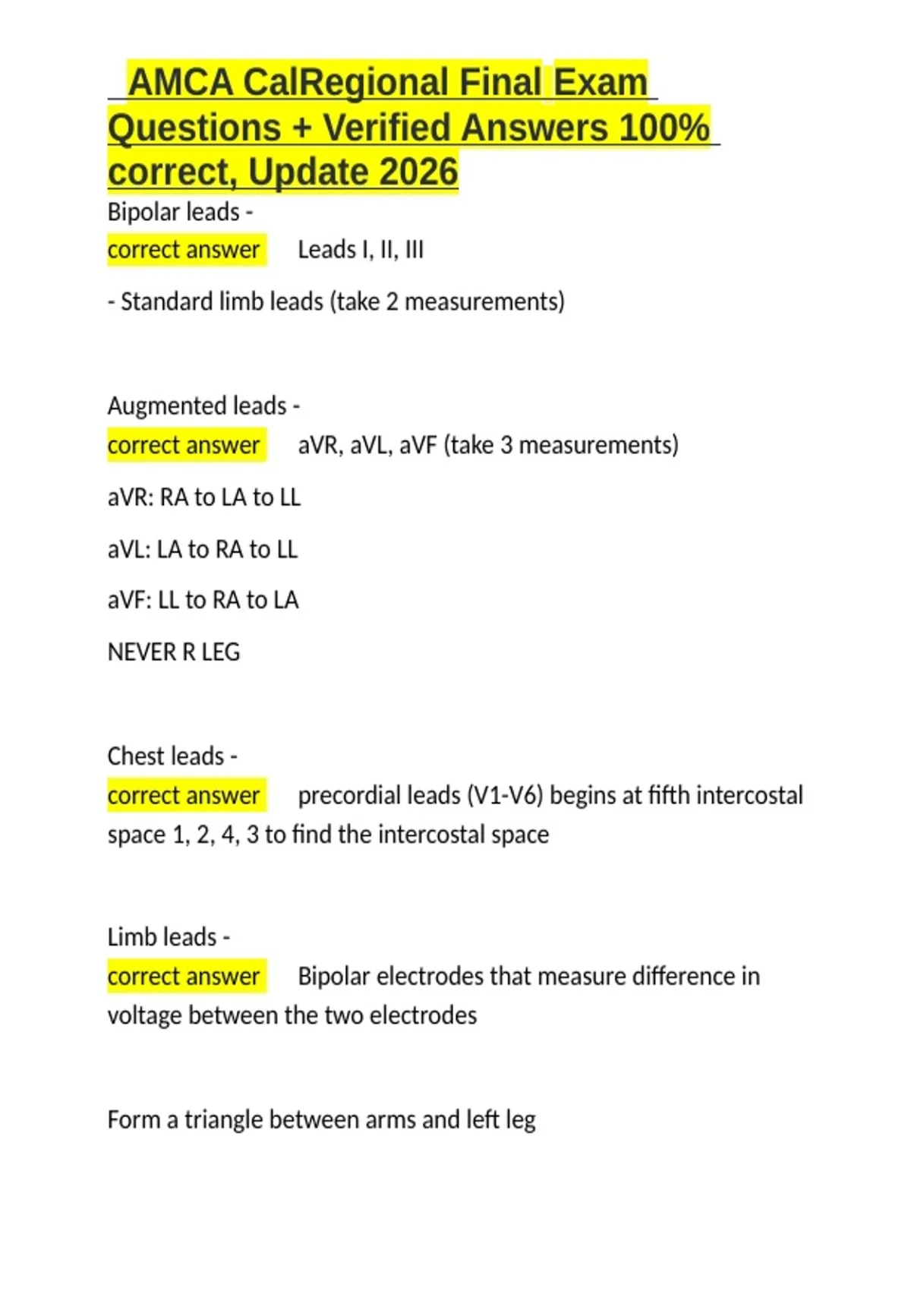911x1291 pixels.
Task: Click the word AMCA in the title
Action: pyautogui.click(x=181, y=82)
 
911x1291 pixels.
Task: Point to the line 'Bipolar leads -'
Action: pyautogui.click(x=180, y=212)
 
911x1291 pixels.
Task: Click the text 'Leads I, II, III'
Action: pyautogui.click(x=361, y=250)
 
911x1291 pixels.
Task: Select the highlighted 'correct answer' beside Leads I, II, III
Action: pyautogui.click(x=184, y=250)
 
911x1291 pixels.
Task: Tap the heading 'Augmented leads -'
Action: pyautogui.click(x=203, y=406)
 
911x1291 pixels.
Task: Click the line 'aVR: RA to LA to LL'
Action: pyautogui.click(x=204, y=497)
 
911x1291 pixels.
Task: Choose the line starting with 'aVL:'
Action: pyautogui.click(x=203, y=549)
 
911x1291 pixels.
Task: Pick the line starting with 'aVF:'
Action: pyautogui.click(x=203, y=600)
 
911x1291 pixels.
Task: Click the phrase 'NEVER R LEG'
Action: pyautogui.click(x=174, y=652)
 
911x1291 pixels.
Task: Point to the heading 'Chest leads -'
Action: pyautogui.click(x=172, y=756)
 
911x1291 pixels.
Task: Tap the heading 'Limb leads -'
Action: pyautogui.click(x=169, y=937)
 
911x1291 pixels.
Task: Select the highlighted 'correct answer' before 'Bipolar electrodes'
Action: pyautogui.click(x=184, y=976)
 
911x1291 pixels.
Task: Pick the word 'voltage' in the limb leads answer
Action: pyautogui.click(x=144, y=1015)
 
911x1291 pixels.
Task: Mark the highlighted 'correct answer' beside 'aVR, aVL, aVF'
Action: pyautogui.click(x=184, y=445)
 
